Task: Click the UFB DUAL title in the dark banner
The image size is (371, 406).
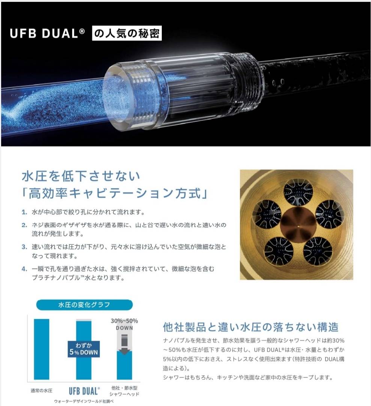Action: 47,33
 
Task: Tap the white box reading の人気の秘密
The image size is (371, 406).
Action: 127,33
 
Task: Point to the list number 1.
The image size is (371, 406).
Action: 24,212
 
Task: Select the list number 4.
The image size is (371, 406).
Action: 24,269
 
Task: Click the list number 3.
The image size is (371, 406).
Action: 24,247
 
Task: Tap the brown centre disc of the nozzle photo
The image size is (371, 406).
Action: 298,225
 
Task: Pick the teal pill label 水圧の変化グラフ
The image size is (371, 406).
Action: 84,305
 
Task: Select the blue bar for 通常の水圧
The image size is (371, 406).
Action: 42,349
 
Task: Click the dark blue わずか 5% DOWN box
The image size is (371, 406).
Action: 84,349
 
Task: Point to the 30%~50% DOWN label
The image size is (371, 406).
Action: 124,324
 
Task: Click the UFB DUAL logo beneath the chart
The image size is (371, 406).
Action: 84,391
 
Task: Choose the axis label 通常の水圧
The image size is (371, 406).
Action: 41,391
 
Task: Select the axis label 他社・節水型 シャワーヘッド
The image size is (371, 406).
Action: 124,391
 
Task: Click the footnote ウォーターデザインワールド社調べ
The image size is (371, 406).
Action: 84,401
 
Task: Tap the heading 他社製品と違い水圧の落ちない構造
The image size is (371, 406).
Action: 251,327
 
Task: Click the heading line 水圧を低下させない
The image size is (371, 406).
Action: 81,176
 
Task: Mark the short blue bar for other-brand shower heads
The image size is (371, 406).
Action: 124,365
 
